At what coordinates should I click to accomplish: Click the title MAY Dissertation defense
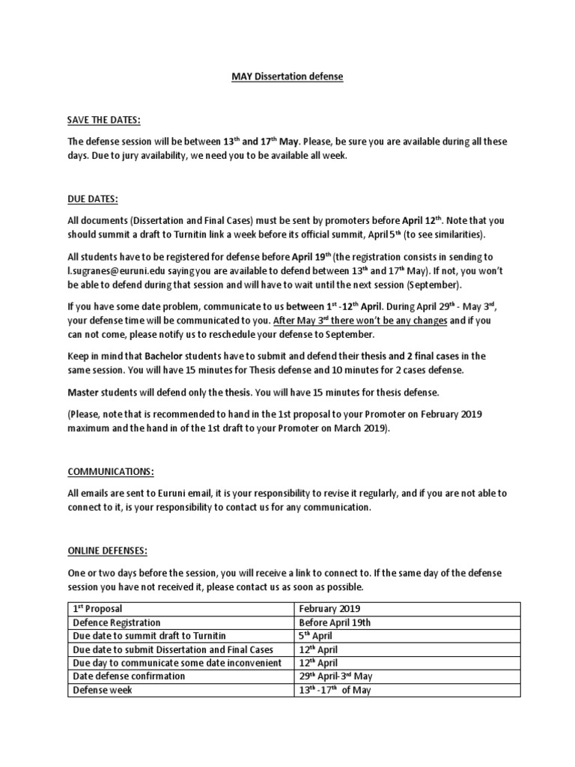click(x=287, y=76)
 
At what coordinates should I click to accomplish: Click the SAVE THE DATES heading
click(x=104, y=120)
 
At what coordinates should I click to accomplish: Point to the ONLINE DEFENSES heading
click(x=108, y=550)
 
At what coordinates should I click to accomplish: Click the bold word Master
click(x=85, y=391)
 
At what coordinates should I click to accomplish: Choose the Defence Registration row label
click(x=116, y=622)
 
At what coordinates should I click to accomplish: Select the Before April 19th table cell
click(x=334, y=622)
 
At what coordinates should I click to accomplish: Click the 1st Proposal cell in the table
click(x=97, y=609)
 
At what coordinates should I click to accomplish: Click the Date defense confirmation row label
click(x=128, y=676)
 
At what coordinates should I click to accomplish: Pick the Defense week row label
click(x=102, y=690)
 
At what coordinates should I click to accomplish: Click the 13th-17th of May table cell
click(x=334, y=690)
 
